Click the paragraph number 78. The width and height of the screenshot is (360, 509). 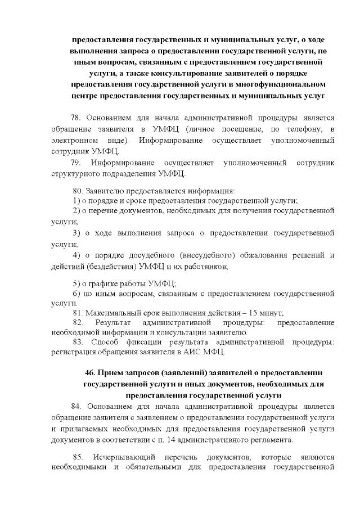point(76,118)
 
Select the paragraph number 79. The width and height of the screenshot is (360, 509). point(78,163)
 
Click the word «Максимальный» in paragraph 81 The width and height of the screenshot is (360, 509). point(113,313)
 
